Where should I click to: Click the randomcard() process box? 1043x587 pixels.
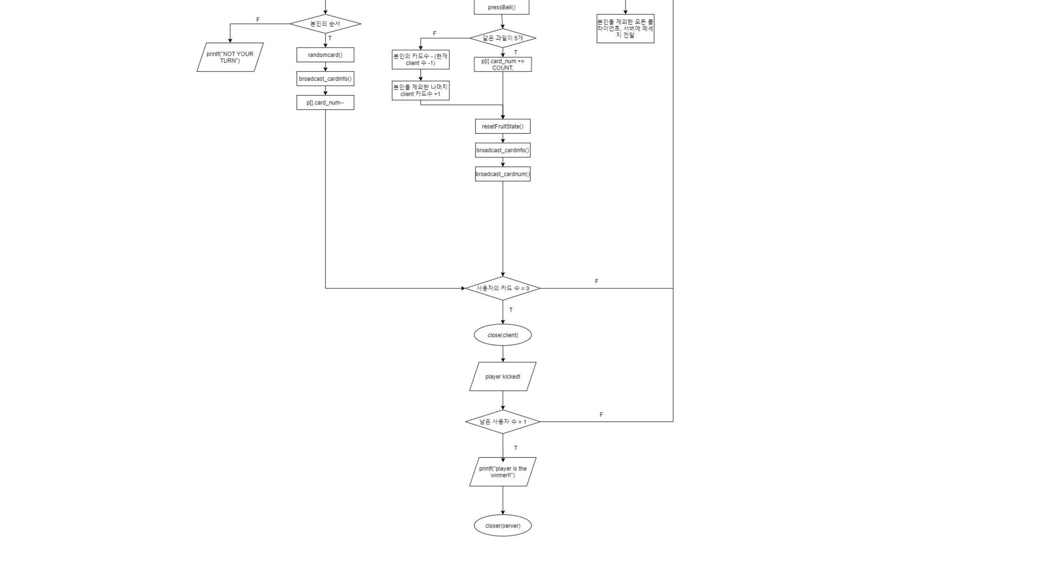tap(325, 55)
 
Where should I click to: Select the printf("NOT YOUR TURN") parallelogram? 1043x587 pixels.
tap(230, 57)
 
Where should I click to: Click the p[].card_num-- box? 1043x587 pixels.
tap(325, 103)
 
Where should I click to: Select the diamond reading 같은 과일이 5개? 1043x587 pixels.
tap(502, 38)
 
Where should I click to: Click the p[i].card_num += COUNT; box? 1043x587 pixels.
tap(502, 64)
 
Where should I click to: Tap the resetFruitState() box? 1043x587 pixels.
tap(502, 126)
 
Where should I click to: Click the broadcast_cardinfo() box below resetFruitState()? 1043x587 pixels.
tap(502, 150)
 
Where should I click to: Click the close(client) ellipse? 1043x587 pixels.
tap(502, 335)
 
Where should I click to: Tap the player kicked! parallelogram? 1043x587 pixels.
tap(502, 377)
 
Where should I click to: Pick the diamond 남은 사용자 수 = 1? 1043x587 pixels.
tap(502, 422)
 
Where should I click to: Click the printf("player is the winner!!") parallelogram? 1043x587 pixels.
tap(502, 472)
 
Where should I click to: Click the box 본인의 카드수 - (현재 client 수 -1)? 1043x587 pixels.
tap(420, 59)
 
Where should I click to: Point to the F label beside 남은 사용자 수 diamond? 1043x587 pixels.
tap(601, 415)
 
